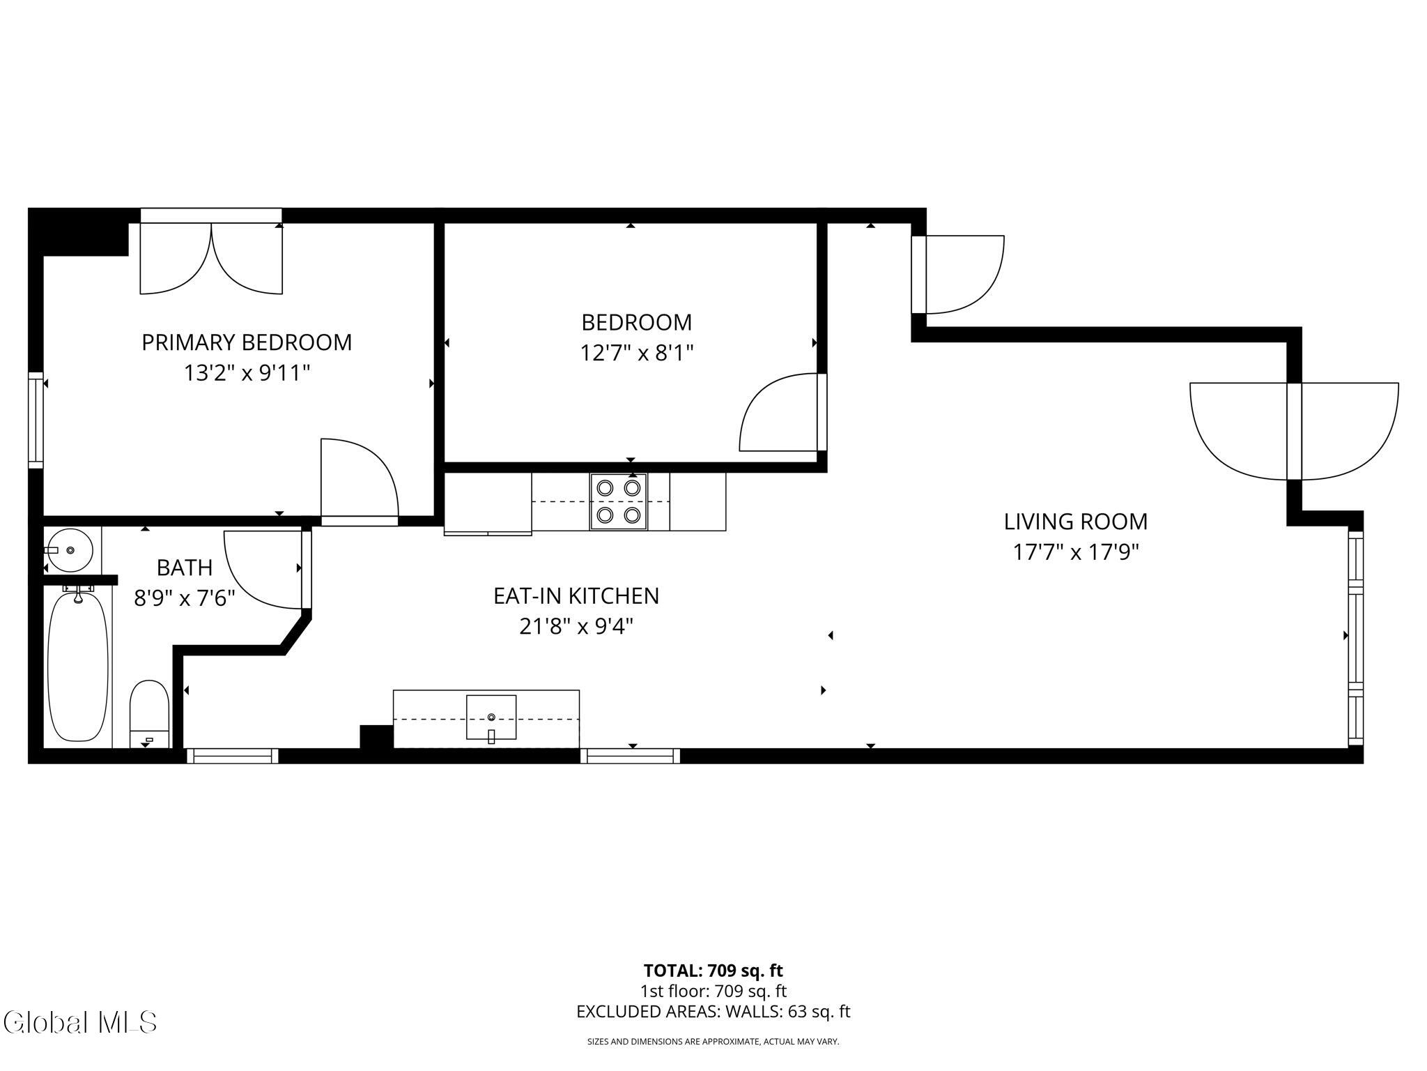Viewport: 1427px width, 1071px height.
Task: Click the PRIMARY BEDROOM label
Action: (247, 342)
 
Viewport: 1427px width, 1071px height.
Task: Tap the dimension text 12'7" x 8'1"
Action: (637, 353)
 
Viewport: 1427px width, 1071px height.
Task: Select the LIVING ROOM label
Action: (1075, 522)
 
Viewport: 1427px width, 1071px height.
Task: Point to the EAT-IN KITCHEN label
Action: (576, 595)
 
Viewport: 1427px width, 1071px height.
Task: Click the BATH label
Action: (185, 568)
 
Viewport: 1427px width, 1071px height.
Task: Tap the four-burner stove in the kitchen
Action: (619, 501)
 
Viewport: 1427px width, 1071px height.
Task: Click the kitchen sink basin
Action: (491, 717)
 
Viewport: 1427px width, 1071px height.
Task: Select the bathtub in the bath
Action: (77, 666)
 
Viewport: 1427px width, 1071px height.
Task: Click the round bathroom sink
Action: (69, 550)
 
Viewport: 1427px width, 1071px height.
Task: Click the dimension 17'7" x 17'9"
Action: (1075, 552)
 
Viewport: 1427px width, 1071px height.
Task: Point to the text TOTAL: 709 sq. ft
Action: (713, 971)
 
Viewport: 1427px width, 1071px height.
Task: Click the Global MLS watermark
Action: (79, 1022)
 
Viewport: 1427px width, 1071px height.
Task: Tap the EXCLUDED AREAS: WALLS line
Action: (713, 1012)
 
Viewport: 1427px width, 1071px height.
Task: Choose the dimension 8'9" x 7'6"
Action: (185, 598)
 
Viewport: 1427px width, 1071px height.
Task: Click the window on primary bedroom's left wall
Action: (36, 420)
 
